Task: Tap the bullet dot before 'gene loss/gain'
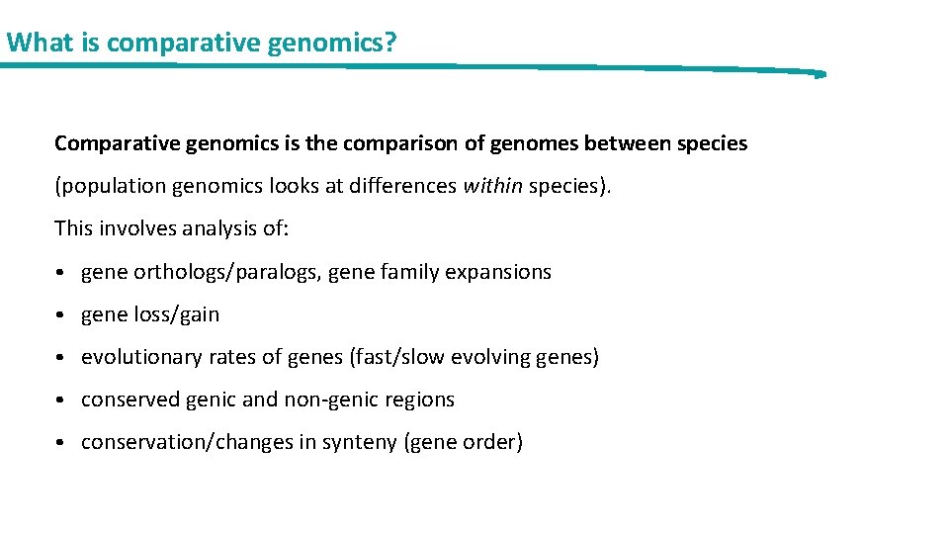pos(61,315)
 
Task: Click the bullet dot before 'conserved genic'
pos(61,400)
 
